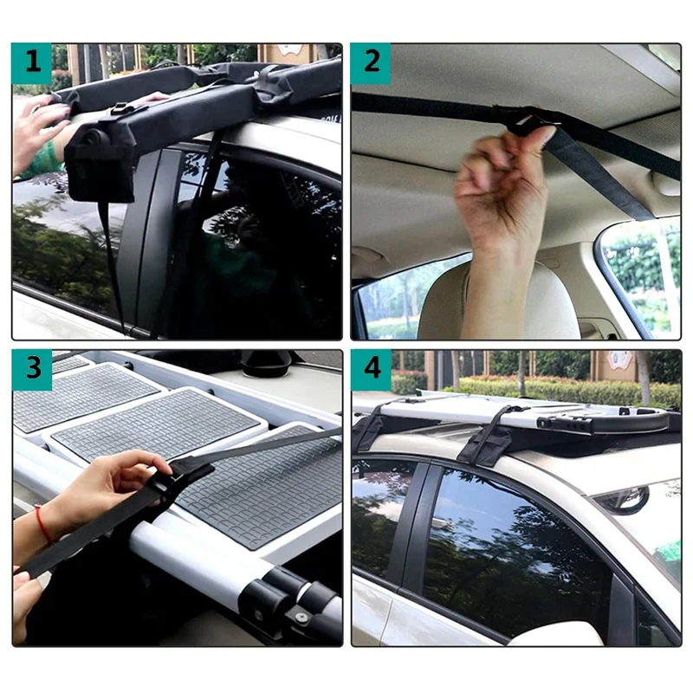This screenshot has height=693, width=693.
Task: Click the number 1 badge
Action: click(x=32, y=64)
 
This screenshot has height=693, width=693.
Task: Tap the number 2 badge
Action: click(x=371, y=64)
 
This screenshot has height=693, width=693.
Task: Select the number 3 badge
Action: click(x=32, y=370)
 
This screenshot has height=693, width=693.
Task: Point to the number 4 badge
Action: click(x=371, y=370)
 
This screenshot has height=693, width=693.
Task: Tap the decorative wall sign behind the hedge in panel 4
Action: click(x=620, y=360)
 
